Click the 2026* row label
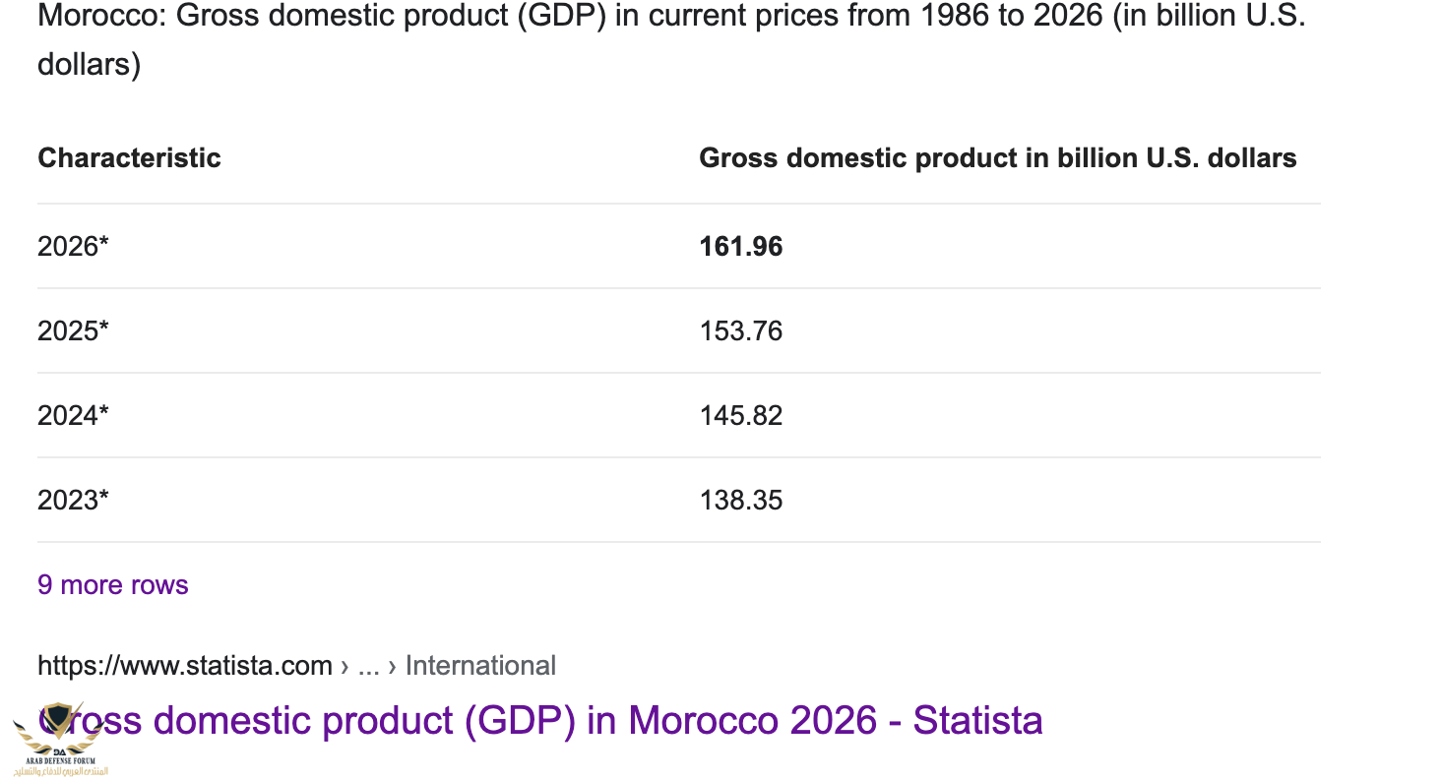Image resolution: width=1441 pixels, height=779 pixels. coord(73,246)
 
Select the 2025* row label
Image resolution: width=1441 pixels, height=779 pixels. coord(73,330)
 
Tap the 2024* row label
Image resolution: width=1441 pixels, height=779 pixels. coord(73,415)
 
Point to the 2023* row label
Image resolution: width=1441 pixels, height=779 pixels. coord(73,500)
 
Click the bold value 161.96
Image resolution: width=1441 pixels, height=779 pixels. coord(740,246)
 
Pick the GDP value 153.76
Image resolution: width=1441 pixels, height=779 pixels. coord(740,330)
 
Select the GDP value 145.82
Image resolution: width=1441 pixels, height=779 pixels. coord(740,415)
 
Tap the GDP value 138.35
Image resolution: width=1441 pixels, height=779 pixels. coord(740,500)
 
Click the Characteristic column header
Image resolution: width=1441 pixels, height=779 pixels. coord(129,157)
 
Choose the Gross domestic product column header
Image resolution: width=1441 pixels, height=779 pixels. coord(997,157)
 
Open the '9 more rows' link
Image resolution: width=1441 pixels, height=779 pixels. coord(112,585)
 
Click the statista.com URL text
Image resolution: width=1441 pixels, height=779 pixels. coord(185,666)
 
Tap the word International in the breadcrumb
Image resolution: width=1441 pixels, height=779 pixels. coord(480,666)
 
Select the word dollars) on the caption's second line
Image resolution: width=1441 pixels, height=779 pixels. coord(89,65)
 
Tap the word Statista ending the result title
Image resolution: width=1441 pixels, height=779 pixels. coord(977,721)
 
